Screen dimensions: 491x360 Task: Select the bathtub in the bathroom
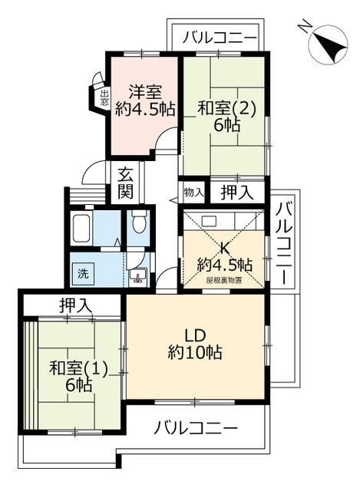click(83, 228)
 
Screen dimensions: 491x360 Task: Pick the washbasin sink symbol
click(139, 275)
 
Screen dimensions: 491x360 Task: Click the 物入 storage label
click(193, 191)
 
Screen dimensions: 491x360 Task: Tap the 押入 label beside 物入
click(236, 191)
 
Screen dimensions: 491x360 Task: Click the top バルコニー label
click(219, 36)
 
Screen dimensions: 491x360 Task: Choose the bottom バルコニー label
click(196, 427)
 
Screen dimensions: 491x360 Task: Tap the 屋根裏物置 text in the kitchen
click(223, 280)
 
